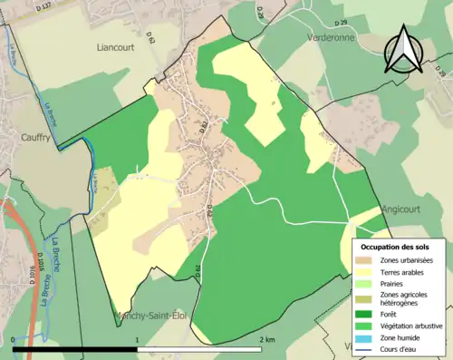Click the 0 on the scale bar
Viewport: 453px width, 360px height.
tap(14, 339)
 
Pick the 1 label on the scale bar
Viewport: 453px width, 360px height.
tap(137, 339)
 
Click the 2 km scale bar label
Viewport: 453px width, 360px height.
tap(266, 339)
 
